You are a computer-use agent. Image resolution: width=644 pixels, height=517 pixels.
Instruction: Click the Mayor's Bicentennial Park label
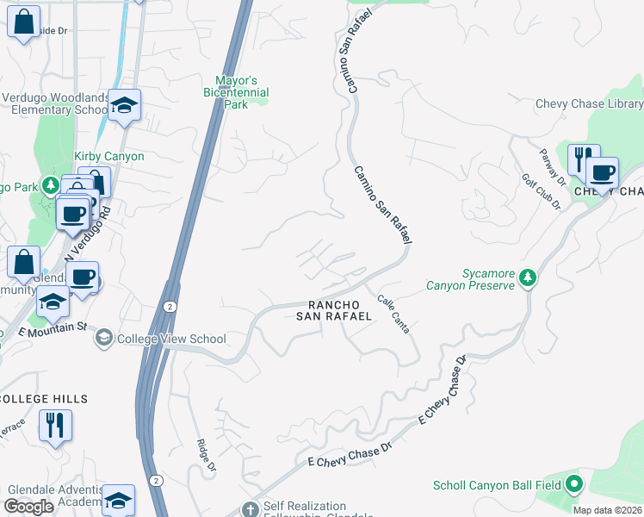(236, 92)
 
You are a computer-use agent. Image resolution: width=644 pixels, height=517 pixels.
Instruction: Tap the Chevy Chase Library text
(589, 103)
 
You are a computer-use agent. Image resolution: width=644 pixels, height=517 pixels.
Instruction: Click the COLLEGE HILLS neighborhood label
(43, 399)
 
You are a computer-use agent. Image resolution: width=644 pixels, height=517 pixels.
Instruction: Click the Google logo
(28, 507)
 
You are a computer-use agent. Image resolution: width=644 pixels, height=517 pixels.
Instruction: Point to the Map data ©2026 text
(607, 510)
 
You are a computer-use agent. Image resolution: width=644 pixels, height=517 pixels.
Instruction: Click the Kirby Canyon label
(109, 157)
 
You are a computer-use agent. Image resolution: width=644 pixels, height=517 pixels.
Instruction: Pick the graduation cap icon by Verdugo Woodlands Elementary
(125, 105)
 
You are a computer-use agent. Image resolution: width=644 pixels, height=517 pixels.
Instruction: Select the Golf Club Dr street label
(542, 192)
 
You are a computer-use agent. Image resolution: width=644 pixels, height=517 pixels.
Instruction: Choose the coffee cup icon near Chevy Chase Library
(603, 172)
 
